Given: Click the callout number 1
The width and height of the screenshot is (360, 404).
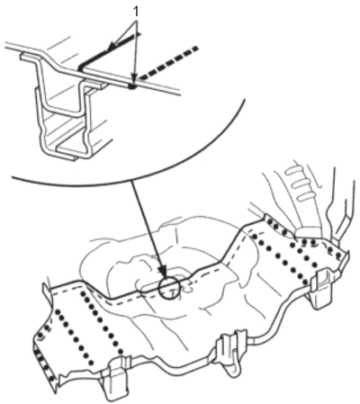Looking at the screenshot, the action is (136, 12).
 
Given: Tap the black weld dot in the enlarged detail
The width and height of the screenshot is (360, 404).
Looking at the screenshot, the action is (132, 86).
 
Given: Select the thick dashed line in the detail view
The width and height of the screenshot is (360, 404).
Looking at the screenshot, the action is (168, 64).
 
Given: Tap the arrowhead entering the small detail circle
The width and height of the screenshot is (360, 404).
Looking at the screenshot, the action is (164, 274).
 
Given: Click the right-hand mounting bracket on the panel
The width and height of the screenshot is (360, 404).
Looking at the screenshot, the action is (321, 289).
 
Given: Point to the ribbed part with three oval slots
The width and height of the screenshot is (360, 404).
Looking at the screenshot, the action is (300, 183).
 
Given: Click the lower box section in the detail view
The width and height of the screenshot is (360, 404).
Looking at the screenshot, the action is (66, 132).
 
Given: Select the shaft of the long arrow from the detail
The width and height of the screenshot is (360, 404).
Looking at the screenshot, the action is (147, 225).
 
